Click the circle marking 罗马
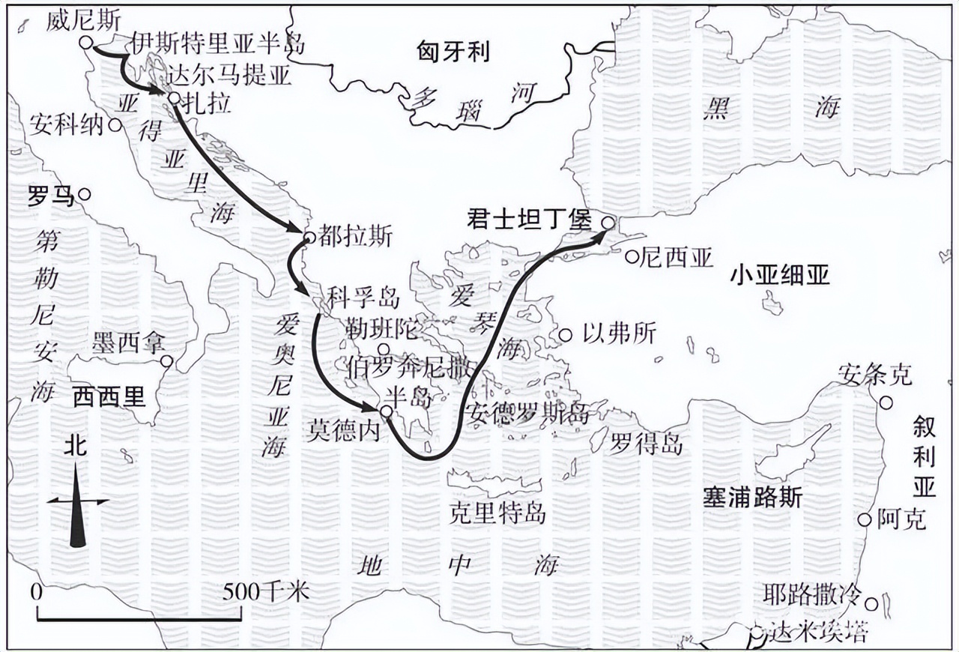(85, 194)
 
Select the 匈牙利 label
(453, 51)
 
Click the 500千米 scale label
(266, 592)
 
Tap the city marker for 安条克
(886, 402)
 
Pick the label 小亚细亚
(780, 276)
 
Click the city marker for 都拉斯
(309, 238)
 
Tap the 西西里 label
(109, 397)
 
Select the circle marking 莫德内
(386, 411)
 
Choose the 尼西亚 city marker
(632, 258)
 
